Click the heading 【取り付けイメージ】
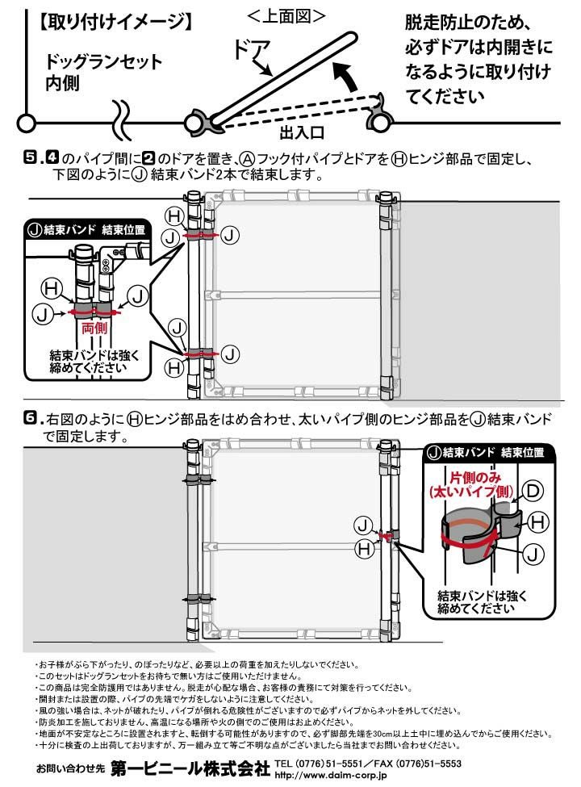[115, 21]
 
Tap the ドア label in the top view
[252, 50]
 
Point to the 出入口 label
[302, 133]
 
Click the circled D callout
[533, 490]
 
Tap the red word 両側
[94, 329]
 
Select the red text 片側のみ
[474, 477]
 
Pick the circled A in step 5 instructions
[248, 158]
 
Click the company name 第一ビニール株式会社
[190, 768]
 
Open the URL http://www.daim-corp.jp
[331, 776]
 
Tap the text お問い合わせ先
[71, 768]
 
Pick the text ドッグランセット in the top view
[103, 61]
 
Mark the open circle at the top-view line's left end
[26, 123]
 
